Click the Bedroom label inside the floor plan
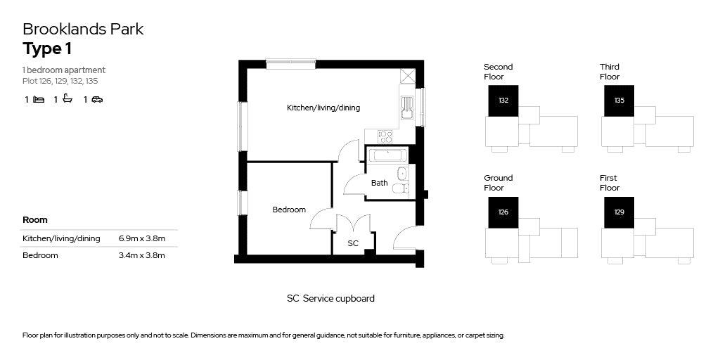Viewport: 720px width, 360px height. point(289,210)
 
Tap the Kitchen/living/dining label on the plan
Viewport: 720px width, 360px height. point(323,108)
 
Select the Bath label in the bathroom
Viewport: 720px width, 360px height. point(379,183)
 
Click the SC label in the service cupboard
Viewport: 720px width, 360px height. point(353,243)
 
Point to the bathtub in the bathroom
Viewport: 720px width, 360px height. point(387,155)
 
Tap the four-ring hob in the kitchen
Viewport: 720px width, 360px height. point(385,136)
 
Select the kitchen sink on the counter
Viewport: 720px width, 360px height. point(407,108)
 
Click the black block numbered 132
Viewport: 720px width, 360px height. point(503,101)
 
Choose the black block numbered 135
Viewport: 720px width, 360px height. point(619,101)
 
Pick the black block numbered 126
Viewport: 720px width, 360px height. point(503,212)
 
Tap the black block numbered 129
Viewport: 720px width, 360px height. point(619,212)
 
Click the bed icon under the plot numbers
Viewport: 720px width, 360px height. point(39,99)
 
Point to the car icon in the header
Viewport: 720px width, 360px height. point(97,99)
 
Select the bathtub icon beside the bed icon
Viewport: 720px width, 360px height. point(67,98)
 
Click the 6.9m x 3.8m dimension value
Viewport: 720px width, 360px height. point(141,238)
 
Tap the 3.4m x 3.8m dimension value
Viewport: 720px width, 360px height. point(141,255)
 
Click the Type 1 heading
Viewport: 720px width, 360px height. point(47,49)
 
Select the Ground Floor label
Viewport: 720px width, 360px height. point(499,183)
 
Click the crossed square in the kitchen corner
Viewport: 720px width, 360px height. point(407,76)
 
